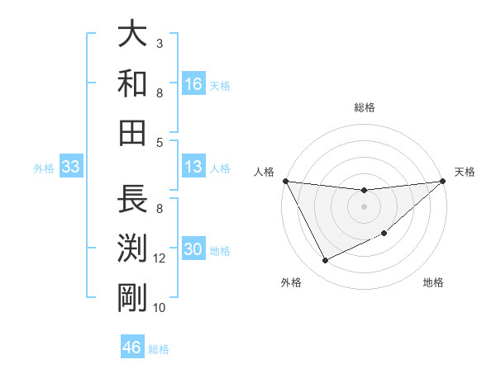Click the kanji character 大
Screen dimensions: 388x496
point(132,34)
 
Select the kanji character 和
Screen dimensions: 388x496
point(132,83)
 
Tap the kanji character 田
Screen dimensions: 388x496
point(132,133)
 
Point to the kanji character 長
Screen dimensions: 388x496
point(132,200)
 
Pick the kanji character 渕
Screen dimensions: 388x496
point(132,249)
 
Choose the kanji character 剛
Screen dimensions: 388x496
point(132,299)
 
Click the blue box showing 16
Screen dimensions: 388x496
point(193,83)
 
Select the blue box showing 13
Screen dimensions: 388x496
point(193,167)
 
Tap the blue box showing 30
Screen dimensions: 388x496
point(193,249)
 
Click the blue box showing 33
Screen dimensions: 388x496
point(70,167)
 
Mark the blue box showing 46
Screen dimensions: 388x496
point(132,347)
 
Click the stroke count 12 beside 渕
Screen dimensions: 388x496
point(160,258)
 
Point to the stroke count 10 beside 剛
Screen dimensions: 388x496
point(160,308)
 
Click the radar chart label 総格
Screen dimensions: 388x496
point(364,107)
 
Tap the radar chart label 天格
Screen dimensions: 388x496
point(465,172)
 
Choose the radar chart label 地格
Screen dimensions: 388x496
point(433,282)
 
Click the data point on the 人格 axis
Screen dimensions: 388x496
point(285,181)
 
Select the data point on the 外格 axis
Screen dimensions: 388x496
point(325,261)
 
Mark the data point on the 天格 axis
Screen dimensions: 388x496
point(443,181)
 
